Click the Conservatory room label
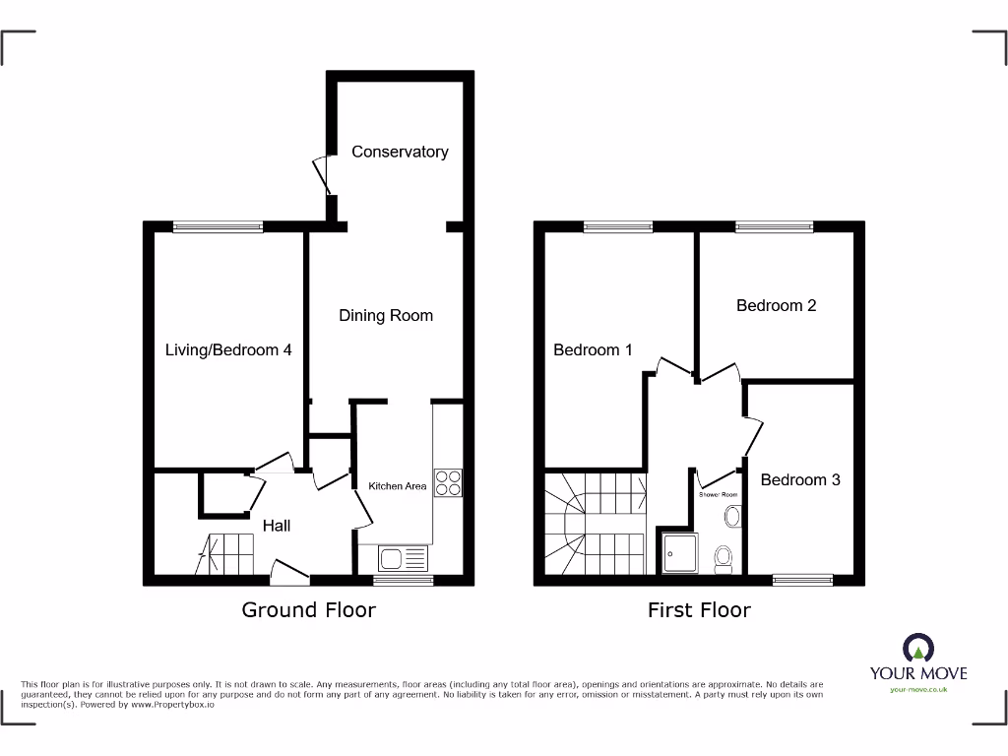[400, 152]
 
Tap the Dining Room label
[386, 315]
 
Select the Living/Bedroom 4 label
[228, 349]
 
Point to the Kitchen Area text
[398, 486]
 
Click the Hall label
[277, 526]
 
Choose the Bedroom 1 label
[593, 349]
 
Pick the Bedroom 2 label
[776, 305]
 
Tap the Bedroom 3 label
[800, 479]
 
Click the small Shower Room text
[719, 494]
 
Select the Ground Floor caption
[309, 610]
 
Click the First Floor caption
[699, 610]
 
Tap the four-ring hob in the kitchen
[448, 482]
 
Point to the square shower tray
[680, 553]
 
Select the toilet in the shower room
[724, 558]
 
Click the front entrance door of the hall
[289, 570]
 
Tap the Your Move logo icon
[917, 649]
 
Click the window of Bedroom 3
[802, 580]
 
